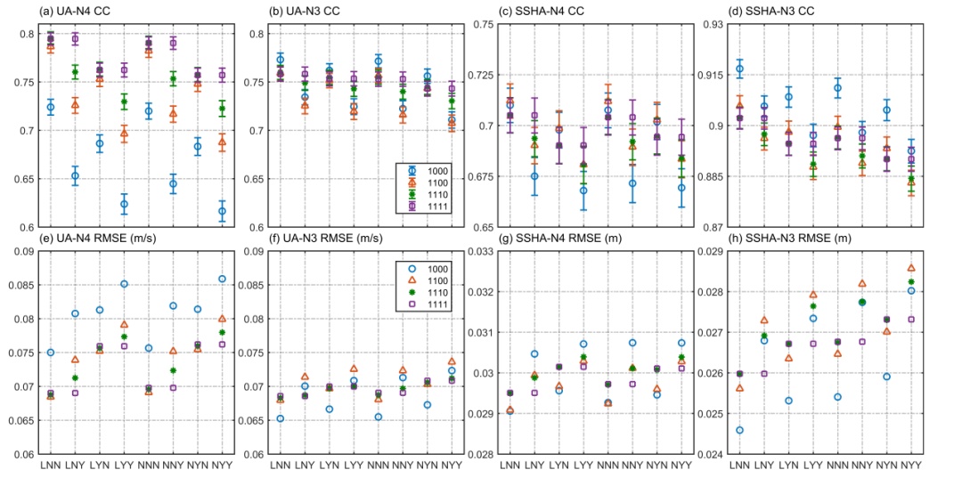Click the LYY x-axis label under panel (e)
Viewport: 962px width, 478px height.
click(124, 464)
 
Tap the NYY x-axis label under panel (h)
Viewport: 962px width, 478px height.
click(911, 464)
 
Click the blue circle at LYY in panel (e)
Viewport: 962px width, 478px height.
click(124, 284)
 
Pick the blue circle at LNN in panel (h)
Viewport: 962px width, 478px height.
click(739, 430)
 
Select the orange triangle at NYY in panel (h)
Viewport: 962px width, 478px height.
click(911, 268)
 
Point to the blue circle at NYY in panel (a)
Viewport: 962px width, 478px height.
click(222, 211)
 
